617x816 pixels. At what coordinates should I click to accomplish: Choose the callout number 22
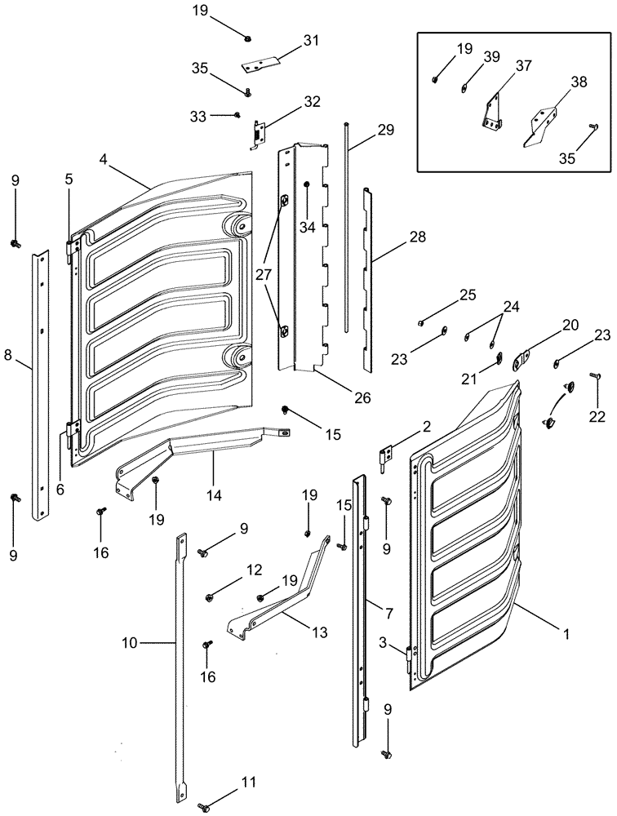click(597, 416)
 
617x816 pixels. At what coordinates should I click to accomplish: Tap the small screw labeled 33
click(236, 116)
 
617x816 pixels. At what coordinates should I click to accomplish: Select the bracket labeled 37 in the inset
click(492, 113)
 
